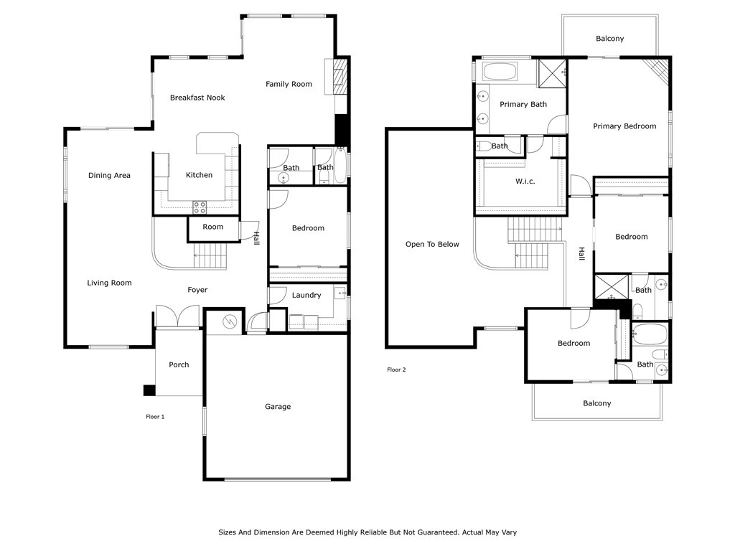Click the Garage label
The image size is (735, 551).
click(278, 407)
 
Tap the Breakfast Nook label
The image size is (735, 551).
click(197, 98)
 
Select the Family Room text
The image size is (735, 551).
click(289, 85)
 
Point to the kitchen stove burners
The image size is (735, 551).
click(200, 207)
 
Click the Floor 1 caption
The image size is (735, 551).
click(155, 417)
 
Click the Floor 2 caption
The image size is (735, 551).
click(396, 369)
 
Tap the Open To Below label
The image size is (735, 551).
click(432, 244)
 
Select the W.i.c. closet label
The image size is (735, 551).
click(525, 182)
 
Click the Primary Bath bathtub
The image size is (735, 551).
click(500, 72)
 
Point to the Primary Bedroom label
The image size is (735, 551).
click(624, 126)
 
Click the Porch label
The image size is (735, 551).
click(179, 364)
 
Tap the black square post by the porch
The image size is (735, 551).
click(149, 390)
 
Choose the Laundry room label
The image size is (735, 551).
click(306, 295)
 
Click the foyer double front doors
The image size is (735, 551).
click(178, 316)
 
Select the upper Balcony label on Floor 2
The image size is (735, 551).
click(610, 39)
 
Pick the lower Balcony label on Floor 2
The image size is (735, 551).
click(596, 403)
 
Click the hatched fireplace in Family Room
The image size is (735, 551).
click(340, 76)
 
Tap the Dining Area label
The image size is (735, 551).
click(109, 175)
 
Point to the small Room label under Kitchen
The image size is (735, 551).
click(212, 227)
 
